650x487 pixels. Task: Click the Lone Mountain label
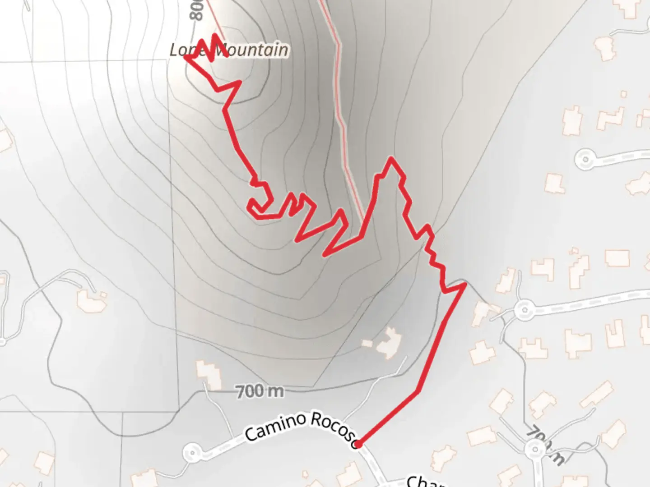(229, 50)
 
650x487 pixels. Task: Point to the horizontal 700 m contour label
(260, 391)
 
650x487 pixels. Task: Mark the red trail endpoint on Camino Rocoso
(357, 445)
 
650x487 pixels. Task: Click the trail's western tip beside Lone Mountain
(186, 57)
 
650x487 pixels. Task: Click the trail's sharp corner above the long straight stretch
(464, 284)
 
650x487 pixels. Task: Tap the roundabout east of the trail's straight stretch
(524, 309)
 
